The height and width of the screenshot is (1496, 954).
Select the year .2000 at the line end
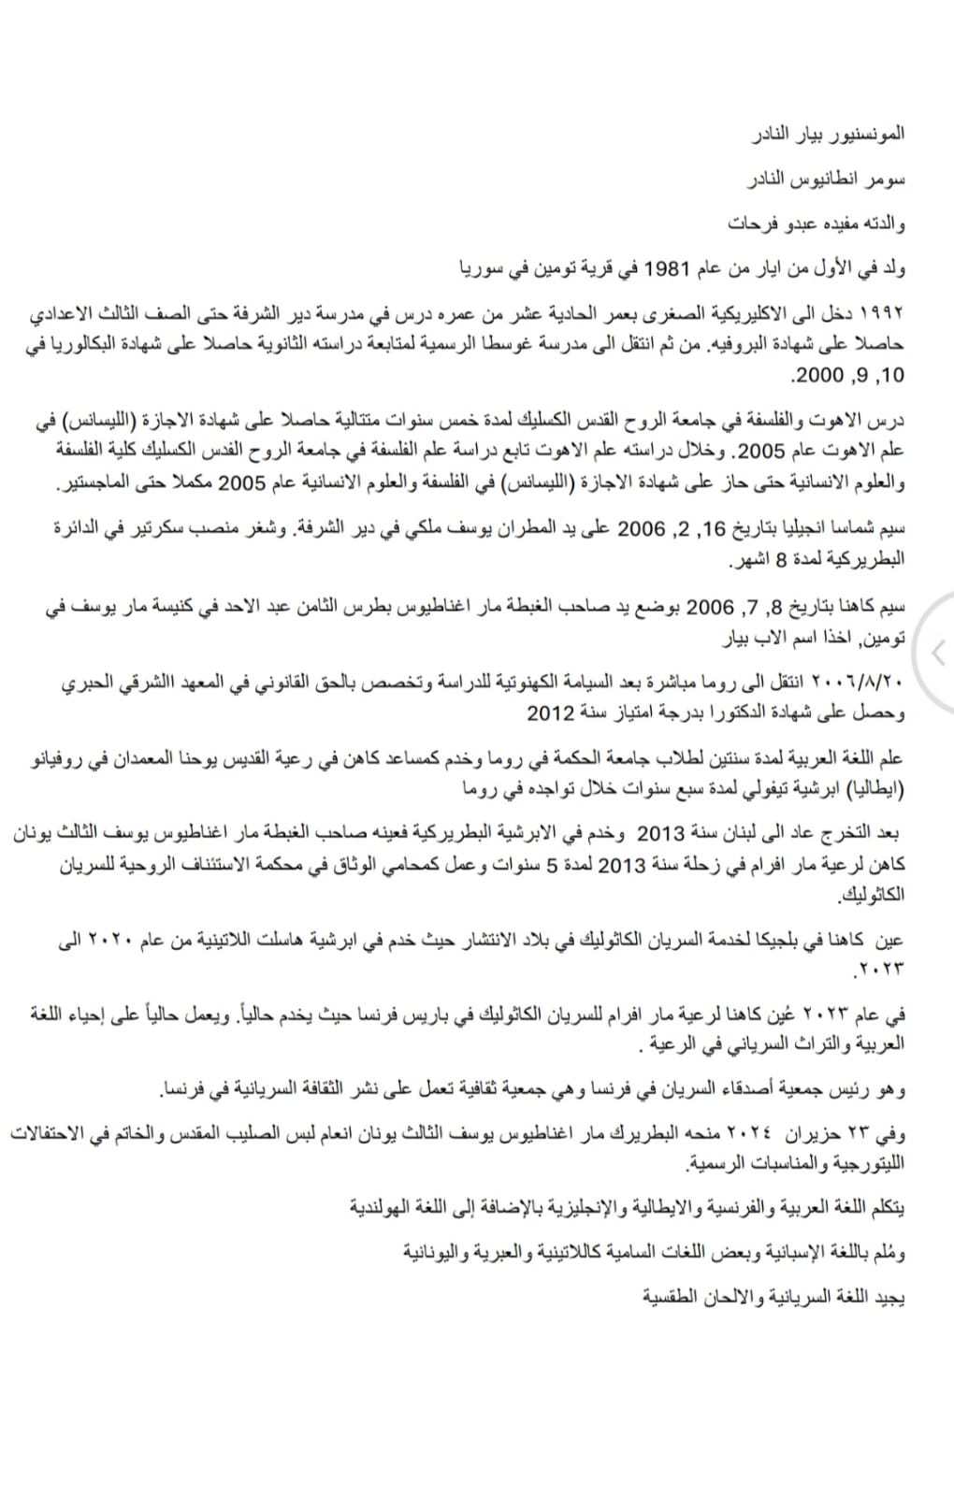814,376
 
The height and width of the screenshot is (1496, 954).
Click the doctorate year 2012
550,712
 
